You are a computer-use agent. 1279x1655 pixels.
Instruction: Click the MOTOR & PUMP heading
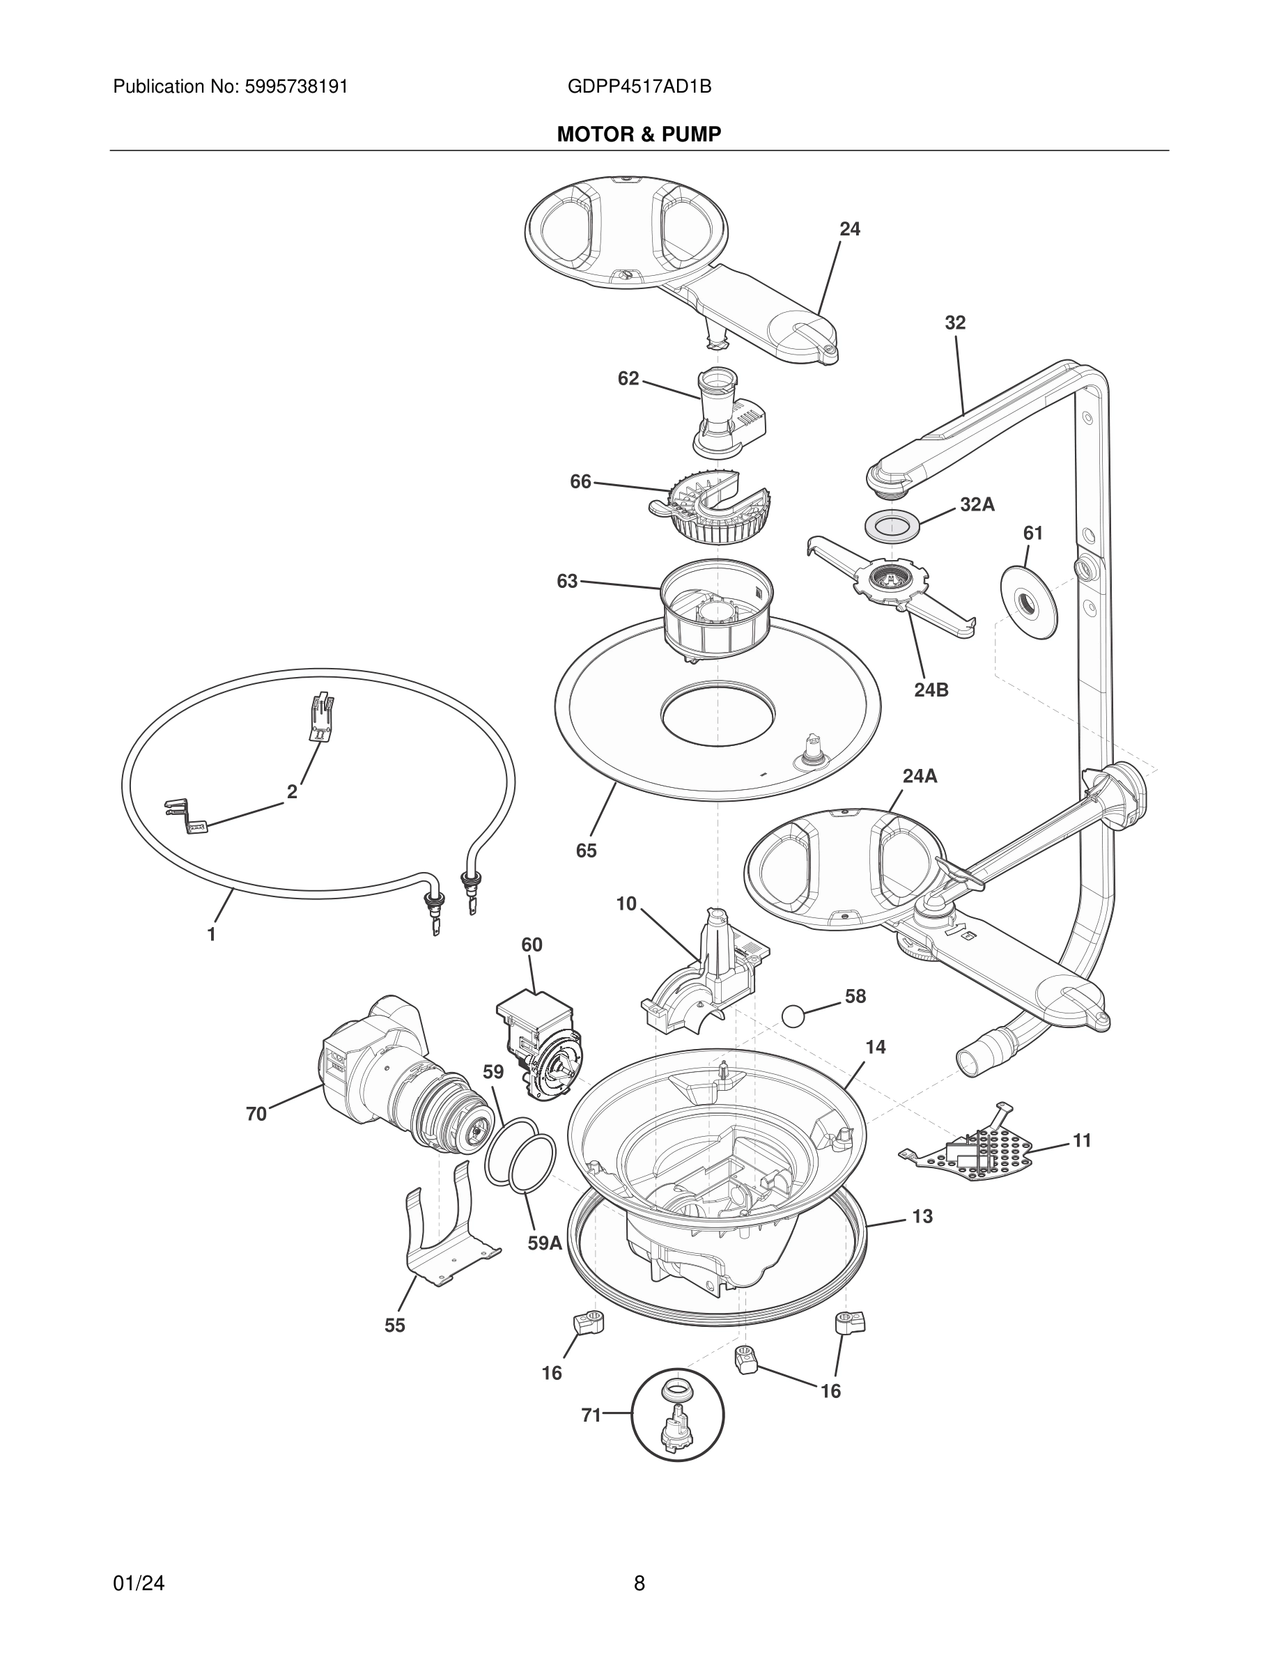[x=639, y=135]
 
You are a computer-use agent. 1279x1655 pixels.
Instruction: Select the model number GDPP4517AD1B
[x=639, y=87]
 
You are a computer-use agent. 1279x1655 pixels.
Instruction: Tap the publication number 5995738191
[x=296, y=87]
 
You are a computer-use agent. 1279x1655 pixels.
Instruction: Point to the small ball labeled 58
[x=793, y=1016]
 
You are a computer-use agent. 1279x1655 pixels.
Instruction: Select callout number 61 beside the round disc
[x=1033, y=534]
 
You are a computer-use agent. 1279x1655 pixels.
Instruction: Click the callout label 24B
[x=931, y=690]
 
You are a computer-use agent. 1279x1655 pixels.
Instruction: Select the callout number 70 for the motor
[x=256, y=1114]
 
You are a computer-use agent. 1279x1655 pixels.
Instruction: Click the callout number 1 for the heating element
[x=212, y=935]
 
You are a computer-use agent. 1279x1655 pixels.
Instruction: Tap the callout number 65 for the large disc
[x=586, y=851]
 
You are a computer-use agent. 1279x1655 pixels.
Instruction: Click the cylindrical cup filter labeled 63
[x=716, y=611]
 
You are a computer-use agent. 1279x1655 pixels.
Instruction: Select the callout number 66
[x=580, y=481]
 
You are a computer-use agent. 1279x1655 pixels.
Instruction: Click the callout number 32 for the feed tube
[x=954, y=323]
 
